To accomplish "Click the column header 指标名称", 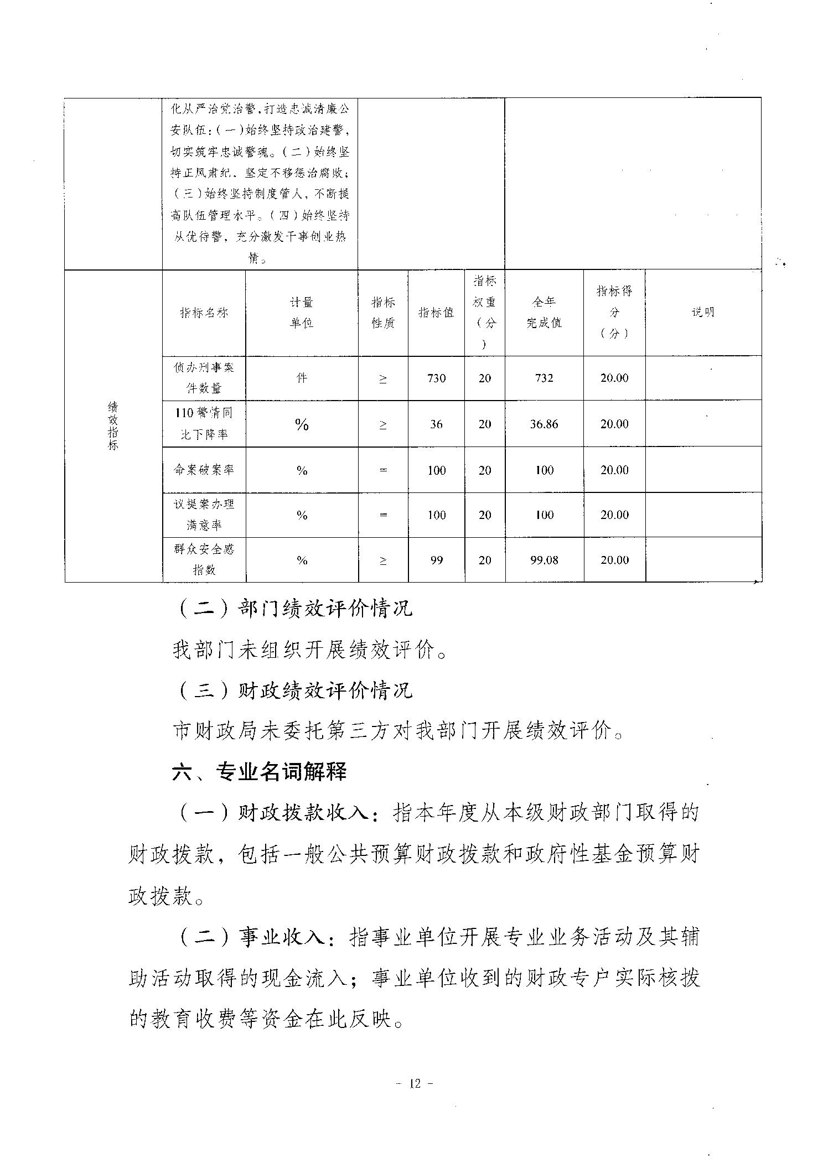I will pyautogui.click(x=204, y=313).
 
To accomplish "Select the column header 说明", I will pyautogui.click(x=703, y=313).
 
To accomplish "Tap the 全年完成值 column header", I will pyautogui.click(x=544, y=313).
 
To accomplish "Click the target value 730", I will pyautogui.click(x=436, y=378).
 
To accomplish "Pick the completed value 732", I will pyautogui.click(x=544, y=378).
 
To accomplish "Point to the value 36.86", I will pyautogui.click(x=544, y=424).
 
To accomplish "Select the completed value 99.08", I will pyautogui.click(x=544, y=560).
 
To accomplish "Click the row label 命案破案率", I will pyautogui.click(x=204, y=470).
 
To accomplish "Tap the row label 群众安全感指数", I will pyautogui.click(x=204, y=559).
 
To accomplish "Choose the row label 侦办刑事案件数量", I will pyautogui.click(x=204, y=378).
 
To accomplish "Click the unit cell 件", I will pyautogui.click(x=302, y=378).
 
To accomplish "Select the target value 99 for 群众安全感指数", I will pyautogui.click(x=436, y=560).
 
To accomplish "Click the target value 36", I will pyautogui.click(x=436, y=424).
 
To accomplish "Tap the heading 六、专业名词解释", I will pyautogui.click(x=259, y=772).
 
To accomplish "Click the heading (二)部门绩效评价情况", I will pyautogui.click(x=294, y=609).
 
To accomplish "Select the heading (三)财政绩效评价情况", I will pyautogui.click(x=294, y=690).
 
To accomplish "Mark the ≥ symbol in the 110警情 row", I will pyautogui.click(x=383, y=424).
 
